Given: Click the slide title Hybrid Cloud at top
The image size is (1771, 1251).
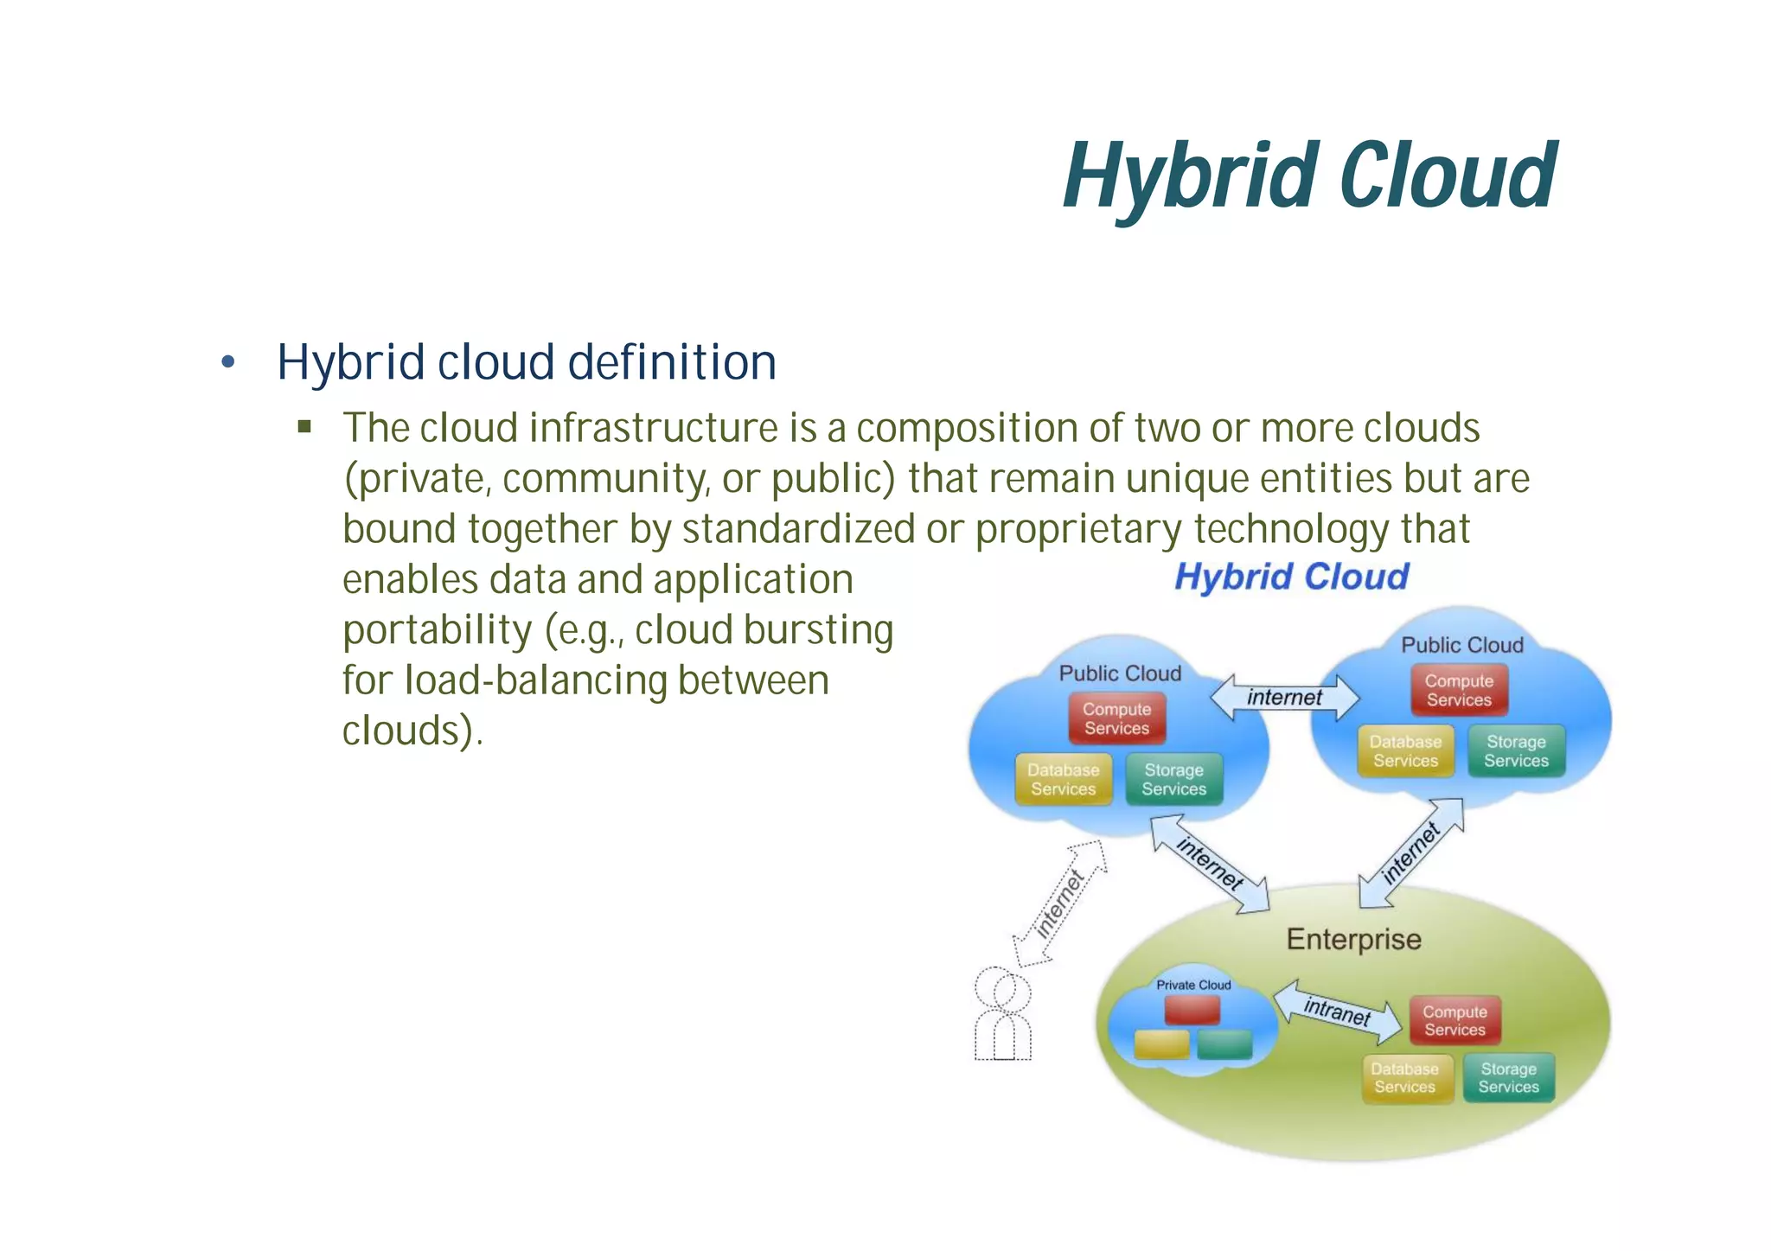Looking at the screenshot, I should pos(1309,177).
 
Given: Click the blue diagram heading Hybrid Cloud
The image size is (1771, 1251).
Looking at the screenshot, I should pos(1292,577).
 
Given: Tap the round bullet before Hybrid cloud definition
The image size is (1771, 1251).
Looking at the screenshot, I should pos(227,362).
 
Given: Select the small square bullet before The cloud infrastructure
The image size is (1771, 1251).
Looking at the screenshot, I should pos(304,426).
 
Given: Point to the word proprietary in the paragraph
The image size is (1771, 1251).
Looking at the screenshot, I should pos(1077,530).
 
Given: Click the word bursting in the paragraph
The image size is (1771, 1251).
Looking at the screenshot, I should pos(818,629).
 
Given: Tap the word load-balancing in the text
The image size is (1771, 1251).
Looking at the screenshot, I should pos(535,680).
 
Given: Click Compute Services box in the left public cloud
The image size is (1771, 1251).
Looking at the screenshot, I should pos(1116,718).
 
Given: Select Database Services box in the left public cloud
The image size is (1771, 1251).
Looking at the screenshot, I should pos(1063,779).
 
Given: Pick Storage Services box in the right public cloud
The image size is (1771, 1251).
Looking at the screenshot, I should pos(1516,751).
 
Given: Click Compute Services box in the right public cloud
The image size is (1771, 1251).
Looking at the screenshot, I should pos(1459,690).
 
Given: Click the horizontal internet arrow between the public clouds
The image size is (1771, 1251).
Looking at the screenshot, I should pos(1284,697).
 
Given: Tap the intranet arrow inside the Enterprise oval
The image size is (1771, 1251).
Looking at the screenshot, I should pos(1337,1011).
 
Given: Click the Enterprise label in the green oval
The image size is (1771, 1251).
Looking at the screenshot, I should pos(1353,939).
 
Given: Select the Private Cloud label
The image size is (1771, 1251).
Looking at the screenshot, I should pos(1193,985).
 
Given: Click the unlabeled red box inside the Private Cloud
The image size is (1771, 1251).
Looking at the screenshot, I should pos(1192,1010).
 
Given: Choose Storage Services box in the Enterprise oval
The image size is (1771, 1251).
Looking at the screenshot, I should pos(1508,1078).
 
